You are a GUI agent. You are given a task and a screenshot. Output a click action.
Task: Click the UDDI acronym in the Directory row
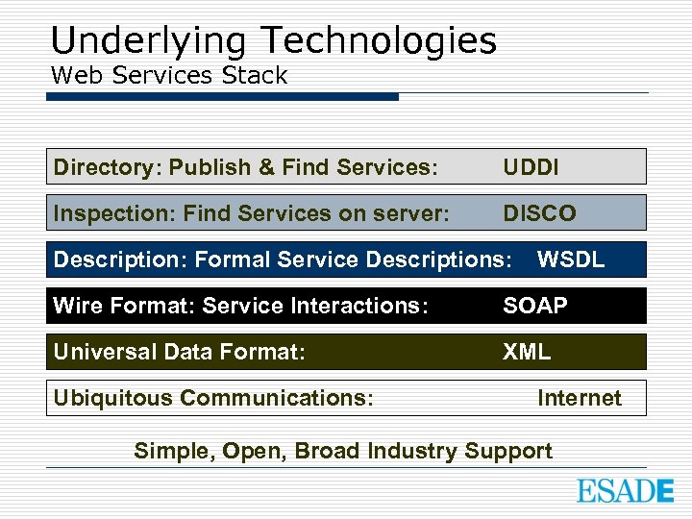pyautogui.click(x=531, y=167)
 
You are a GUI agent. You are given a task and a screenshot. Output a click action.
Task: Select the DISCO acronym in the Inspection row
pyautogui.click(x=539, y=213)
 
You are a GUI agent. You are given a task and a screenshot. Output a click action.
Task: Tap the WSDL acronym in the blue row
pyautogui.click(x=570, y=259)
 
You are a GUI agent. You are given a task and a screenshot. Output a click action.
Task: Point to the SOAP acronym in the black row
pyautogui.click(x=535, y=306)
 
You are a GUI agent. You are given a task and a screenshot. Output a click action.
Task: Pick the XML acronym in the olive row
pyautogui.click(x=527, y=352)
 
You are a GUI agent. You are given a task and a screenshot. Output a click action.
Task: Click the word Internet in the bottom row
pyautogui.click(x=579, y=398)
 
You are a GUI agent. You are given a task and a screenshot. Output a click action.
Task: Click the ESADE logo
pyautogui.click(x=625, y=490)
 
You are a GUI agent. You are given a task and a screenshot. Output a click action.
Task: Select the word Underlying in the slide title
pyautogui.click(x=151, y=41)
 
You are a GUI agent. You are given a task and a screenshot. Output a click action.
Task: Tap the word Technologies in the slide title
pyautogui.click(x=379, y=41)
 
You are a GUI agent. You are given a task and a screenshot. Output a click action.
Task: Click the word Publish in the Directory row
pyautogui.click(x=206, y=167)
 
